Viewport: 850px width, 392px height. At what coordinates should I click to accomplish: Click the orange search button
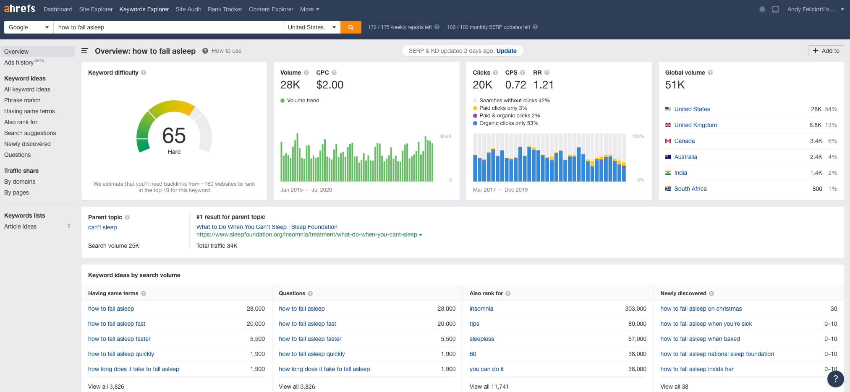point(350,27)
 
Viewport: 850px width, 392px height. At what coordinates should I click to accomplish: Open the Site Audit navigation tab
point(188,9)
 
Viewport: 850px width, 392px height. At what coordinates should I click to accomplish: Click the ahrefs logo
point(20,9)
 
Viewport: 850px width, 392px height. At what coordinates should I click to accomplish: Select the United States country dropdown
point(311,27)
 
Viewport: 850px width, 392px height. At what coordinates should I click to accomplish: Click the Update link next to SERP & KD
point(506,51)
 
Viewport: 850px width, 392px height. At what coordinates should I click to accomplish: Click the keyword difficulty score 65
point(174,136)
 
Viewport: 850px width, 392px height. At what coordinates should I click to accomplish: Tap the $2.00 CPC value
point(330,85)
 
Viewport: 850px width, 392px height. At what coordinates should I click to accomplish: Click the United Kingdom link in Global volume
point(695,125)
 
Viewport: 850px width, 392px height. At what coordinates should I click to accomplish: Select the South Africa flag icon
point(668,189)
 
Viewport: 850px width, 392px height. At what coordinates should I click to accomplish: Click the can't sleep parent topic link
point(102,227)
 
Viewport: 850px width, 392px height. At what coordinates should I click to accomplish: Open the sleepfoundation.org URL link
point(306,234)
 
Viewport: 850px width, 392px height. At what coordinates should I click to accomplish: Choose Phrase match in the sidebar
point(22,100)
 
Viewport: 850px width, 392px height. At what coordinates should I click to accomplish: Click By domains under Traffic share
point(20,182)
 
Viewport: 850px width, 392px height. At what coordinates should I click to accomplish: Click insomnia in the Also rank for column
point(481,309)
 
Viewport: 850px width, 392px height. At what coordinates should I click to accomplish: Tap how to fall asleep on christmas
point(701,309)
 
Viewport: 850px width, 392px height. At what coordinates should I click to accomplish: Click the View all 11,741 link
point(489,387)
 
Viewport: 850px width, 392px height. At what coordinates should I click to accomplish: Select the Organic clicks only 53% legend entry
point(508,123)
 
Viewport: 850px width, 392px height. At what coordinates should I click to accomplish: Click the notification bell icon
point(762,9)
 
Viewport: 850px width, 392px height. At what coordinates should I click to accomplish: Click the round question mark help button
point(835,379)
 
